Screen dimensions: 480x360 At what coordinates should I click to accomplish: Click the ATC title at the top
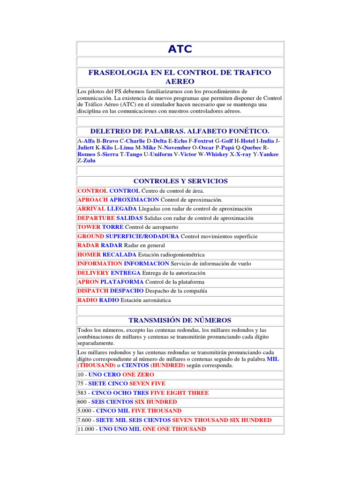click(x=180, y=49)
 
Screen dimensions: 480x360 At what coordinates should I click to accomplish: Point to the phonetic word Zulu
click(x=89, y=161)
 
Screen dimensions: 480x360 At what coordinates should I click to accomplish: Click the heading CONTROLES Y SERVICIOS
click(x=180, y=181)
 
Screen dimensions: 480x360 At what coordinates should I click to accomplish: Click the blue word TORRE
click(x=113, y=227)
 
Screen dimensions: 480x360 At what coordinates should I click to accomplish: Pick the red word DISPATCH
click(x=93, y=291)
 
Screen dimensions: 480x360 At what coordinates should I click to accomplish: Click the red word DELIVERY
click(x=93, y=273)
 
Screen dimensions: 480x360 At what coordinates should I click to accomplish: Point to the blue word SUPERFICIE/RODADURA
click(x=142, y=237)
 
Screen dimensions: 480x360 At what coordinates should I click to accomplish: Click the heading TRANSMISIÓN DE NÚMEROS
click(x=180, y=320)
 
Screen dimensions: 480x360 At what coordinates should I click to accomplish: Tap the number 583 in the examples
click(x=82, y=393)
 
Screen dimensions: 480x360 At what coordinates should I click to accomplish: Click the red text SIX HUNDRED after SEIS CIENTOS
click(x=156, y=402)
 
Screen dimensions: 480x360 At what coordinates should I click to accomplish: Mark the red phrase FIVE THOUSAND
click(x=156, y=411)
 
